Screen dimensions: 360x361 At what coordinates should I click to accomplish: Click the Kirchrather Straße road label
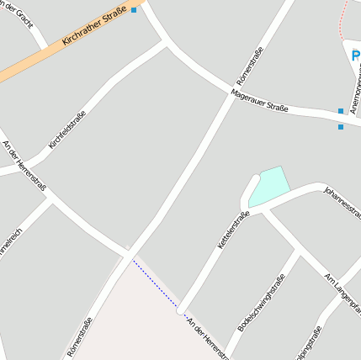(94, 27)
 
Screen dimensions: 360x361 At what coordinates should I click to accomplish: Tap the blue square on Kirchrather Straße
(133, 10)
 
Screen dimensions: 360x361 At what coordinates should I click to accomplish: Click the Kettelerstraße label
(234, 228)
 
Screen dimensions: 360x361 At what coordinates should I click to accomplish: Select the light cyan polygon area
(270, 186)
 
